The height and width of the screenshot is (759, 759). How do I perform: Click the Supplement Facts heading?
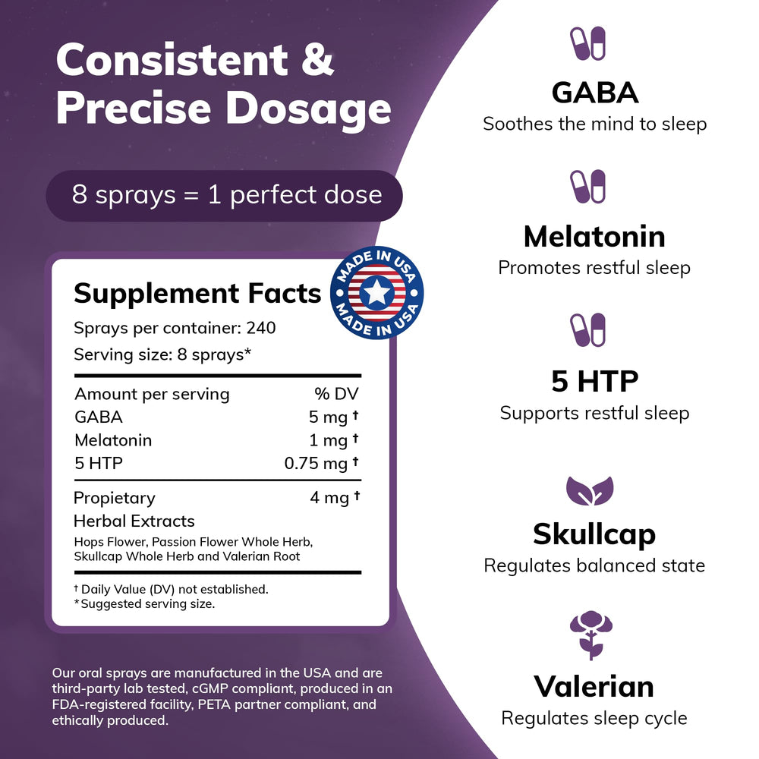tap(197, 293)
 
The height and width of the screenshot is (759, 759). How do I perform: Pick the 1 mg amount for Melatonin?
tap(329, 440)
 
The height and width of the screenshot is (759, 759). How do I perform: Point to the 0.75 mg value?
tap(317, 464)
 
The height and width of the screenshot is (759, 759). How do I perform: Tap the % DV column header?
tap(336, 394)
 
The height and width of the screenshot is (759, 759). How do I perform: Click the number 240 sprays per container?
tap(260, 329)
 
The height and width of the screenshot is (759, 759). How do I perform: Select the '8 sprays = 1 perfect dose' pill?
tap(225, 195)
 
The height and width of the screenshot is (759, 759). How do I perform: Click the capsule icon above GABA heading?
tap(587, 43)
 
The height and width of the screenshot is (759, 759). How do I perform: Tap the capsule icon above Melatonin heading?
tap(587, 187)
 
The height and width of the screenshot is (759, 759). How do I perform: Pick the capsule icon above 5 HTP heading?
tap(587, 331)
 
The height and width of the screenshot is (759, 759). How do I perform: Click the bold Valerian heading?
tap(594, 686)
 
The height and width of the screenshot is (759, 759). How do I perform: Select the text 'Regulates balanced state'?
tap(594, 565)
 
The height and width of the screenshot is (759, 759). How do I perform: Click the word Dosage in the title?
tap(308, 109)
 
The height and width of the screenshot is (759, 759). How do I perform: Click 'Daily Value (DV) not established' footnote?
tap(174, 589)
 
